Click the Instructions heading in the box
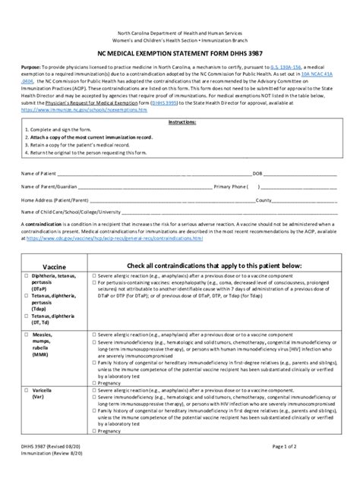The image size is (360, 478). click(180, 121)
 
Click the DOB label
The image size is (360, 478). click(257, 173)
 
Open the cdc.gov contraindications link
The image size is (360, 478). click(114, 238)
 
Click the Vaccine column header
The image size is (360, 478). click(54, 266)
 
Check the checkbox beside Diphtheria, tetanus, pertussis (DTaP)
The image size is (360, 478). click(25, 277)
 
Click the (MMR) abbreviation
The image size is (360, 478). click(42, 353)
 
